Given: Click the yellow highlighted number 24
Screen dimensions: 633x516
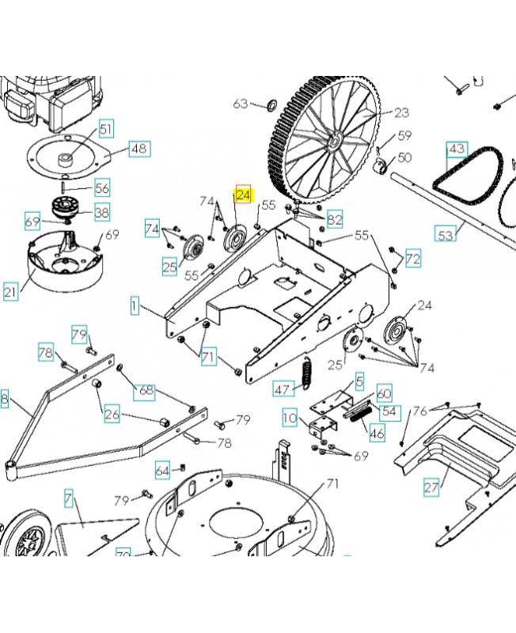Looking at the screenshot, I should [243, 195].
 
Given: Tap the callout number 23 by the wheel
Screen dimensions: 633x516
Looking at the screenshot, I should [401, 112].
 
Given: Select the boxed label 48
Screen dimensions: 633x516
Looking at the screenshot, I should [139, 148].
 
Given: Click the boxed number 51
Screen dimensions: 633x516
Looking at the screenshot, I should [106, 128].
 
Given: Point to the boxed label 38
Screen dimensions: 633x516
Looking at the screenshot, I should [103, 212].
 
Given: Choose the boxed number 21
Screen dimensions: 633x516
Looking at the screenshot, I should [10, 293].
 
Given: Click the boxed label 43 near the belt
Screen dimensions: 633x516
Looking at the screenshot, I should [457, 149].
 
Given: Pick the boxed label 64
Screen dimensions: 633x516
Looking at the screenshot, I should [162, 471].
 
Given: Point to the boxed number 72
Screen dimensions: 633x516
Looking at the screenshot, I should [413, 258].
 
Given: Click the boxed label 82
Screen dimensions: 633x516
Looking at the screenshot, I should [335, 220].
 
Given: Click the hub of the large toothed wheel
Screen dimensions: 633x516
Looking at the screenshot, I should [334, 141].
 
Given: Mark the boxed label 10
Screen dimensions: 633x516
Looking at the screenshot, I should [290, 417].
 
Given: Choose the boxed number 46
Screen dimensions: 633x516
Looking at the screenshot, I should [378, 433].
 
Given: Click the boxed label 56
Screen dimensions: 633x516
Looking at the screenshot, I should [103, 188].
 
